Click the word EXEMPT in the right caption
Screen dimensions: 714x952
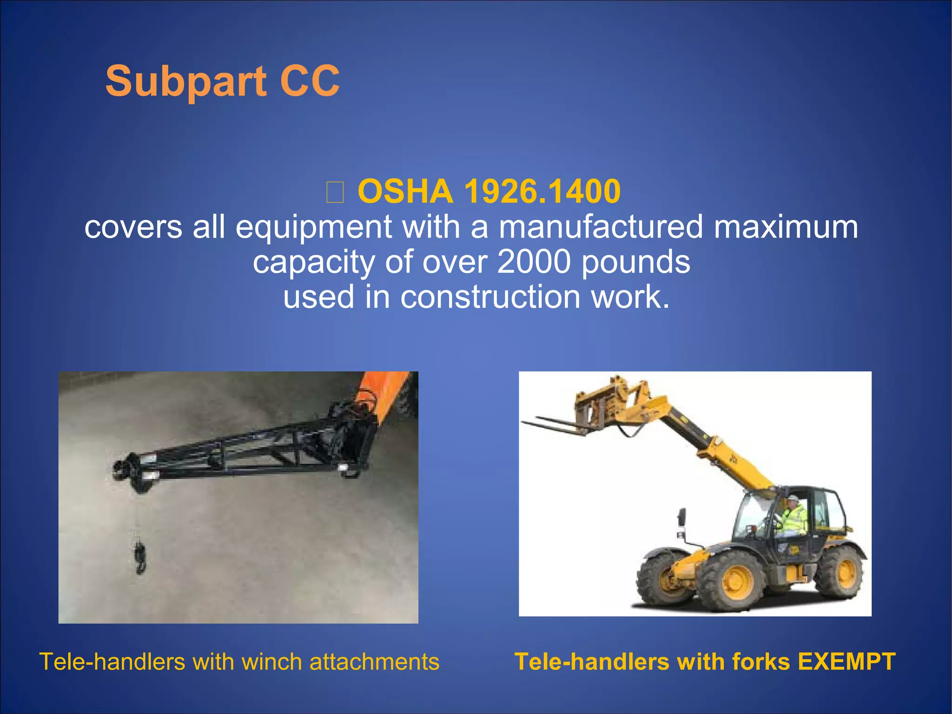846,661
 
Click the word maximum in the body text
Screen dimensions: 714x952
786,227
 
